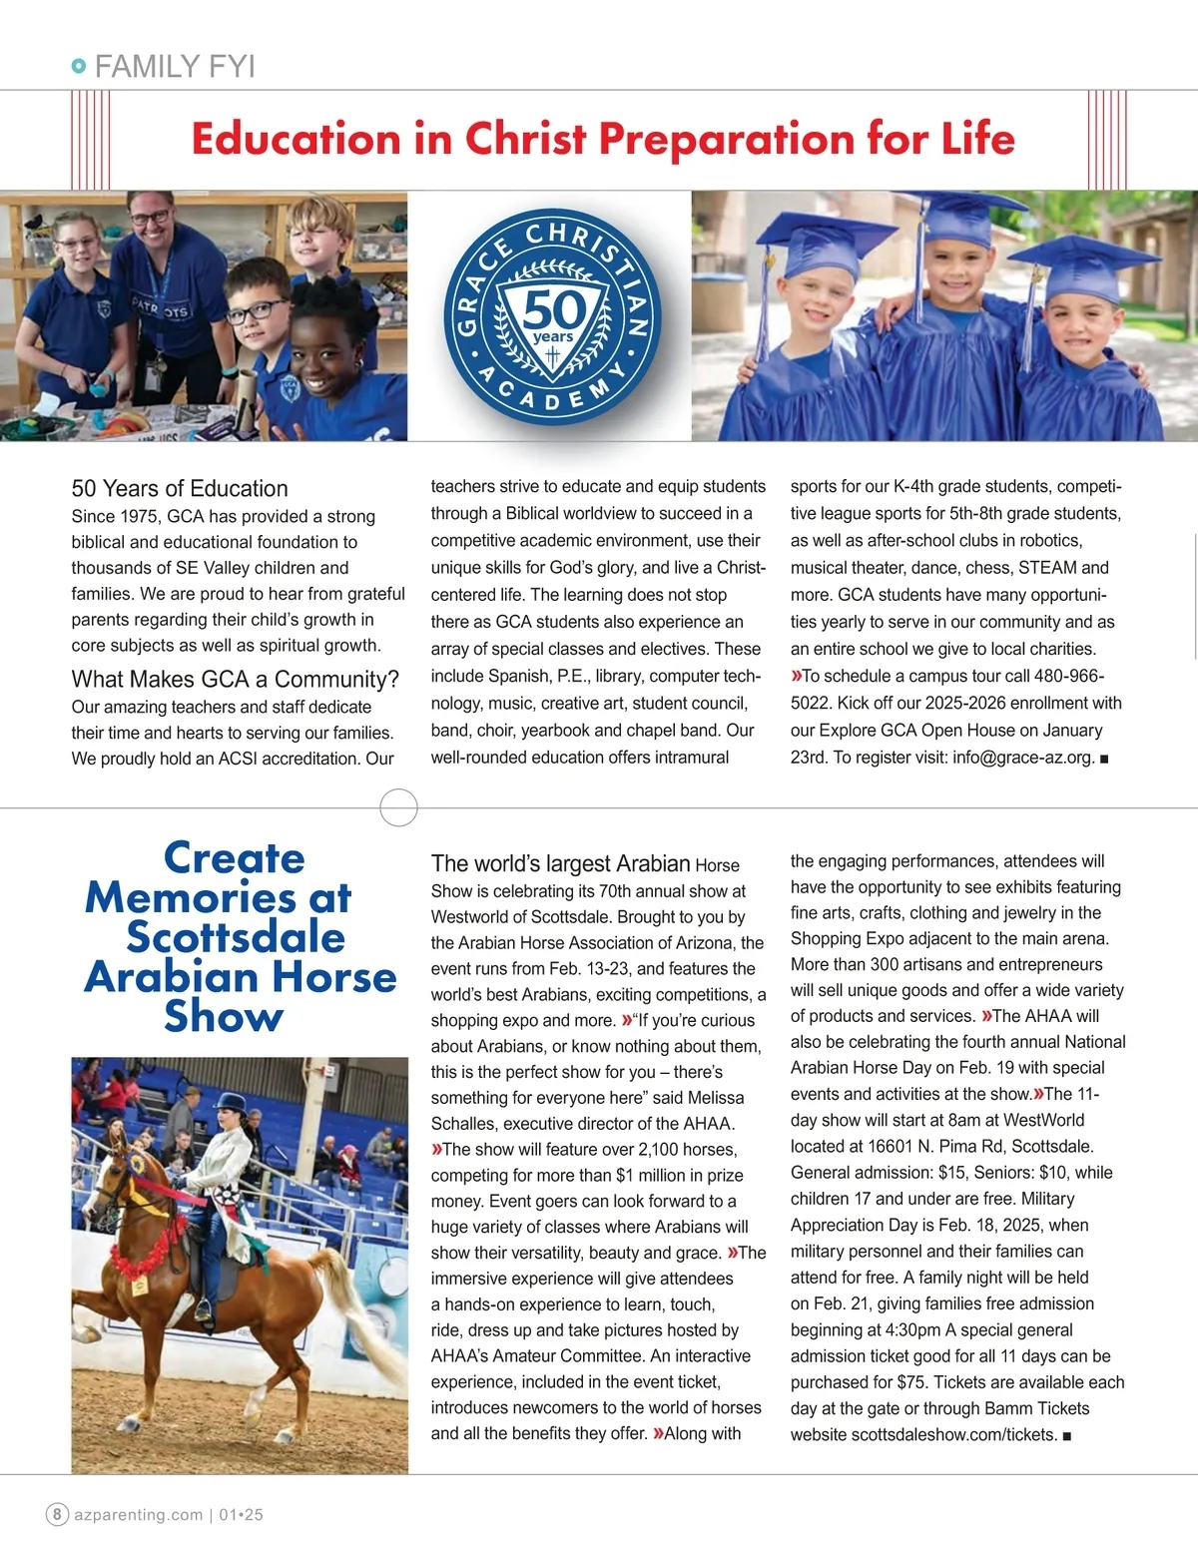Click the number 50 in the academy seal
[x=552, y=309]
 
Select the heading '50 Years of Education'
[x=180, y=489]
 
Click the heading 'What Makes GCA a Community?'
[x=235, y=680]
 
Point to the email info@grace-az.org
[x=1023, y=758]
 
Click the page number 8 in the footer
[x=57, y=1514]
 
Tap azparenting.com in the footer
[x=139, y=1514]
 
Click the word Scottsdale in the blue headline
[x=236, y=937]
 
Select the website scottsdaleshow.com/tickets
[x=953, y=1435]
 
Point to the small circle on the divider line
[x=399, y=806]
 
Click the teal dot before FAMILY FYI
[x=79, y=67]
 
